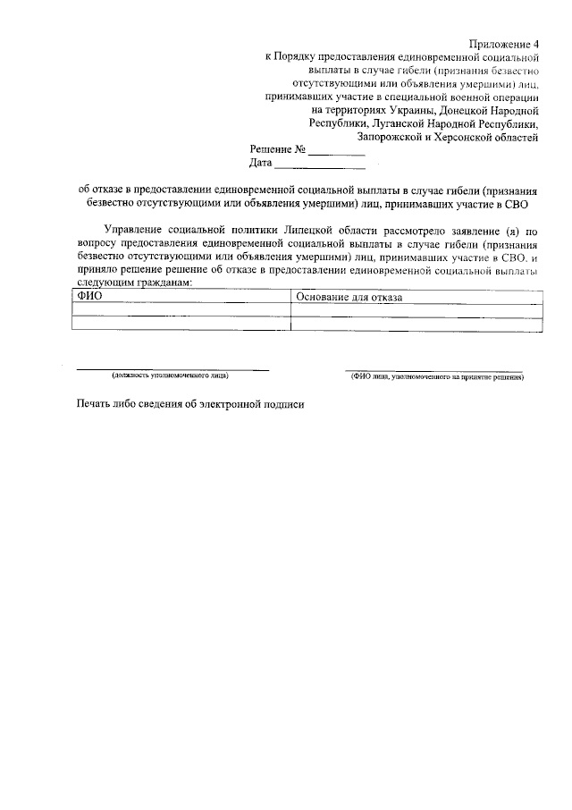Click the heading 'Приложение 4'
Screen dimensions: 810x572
pos(505,44)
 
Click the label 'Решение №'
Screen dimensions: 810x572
pos(279,150)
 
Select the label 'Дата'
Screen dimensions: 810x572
pos(260,165)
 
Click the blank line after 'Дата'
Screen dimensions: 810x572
pos(320,166)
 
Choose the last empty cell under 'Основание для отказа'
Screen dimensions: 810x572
pos(417,324)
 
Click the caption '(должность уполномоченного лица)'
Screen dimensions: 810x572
pos(170,376)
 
